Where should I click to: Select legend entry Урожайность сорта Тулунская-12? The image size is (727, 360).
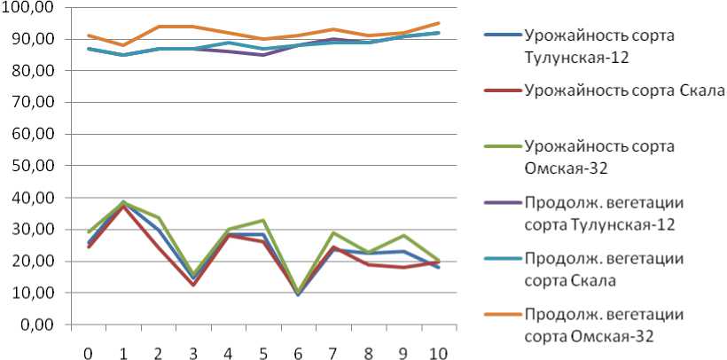(599, 46)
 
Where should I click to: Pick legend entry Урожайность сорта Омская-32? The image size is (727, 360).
(599, 155)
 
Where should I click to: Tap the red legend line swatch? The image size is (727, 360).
(502, 90)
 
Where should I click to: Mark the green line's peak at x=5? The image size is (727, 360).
(262, 220)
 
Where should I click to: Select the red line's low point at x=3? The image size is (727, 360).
(192, 285)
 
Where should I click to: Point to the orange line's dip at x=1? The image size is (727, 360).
(122, 45)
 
